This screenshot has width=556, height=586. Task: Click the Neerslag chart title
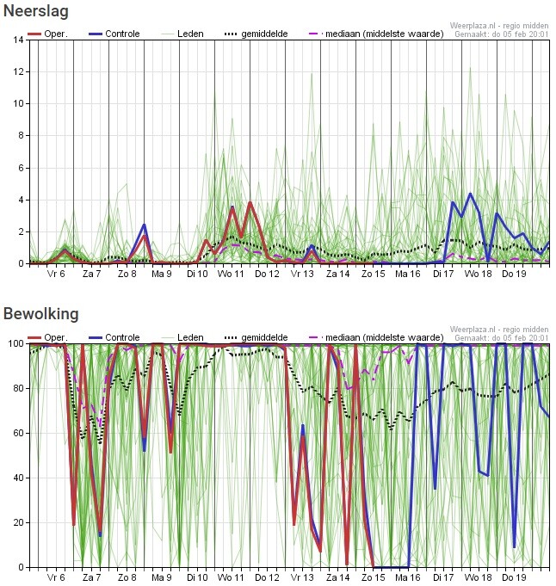35,12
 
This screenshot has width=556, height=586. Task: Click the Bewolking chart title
40,313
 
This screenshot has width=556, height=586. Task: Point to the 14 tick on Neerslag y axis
19,40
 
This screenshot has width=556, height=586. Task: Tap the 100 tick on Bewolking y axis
16,343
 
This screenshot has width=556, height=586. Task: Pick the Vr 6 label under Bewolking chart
57,578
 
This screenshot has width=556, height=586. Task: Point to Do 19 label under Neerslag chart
514,274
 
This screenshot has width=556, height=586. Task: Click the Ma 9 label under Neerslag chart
162,274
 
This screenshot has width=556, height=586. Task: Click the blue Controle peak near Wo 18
470,194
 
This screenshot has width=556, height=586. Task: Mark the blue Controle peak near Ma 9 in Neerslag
144,225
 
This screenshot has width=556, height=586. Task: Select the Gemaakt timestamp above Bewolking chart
501,338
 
